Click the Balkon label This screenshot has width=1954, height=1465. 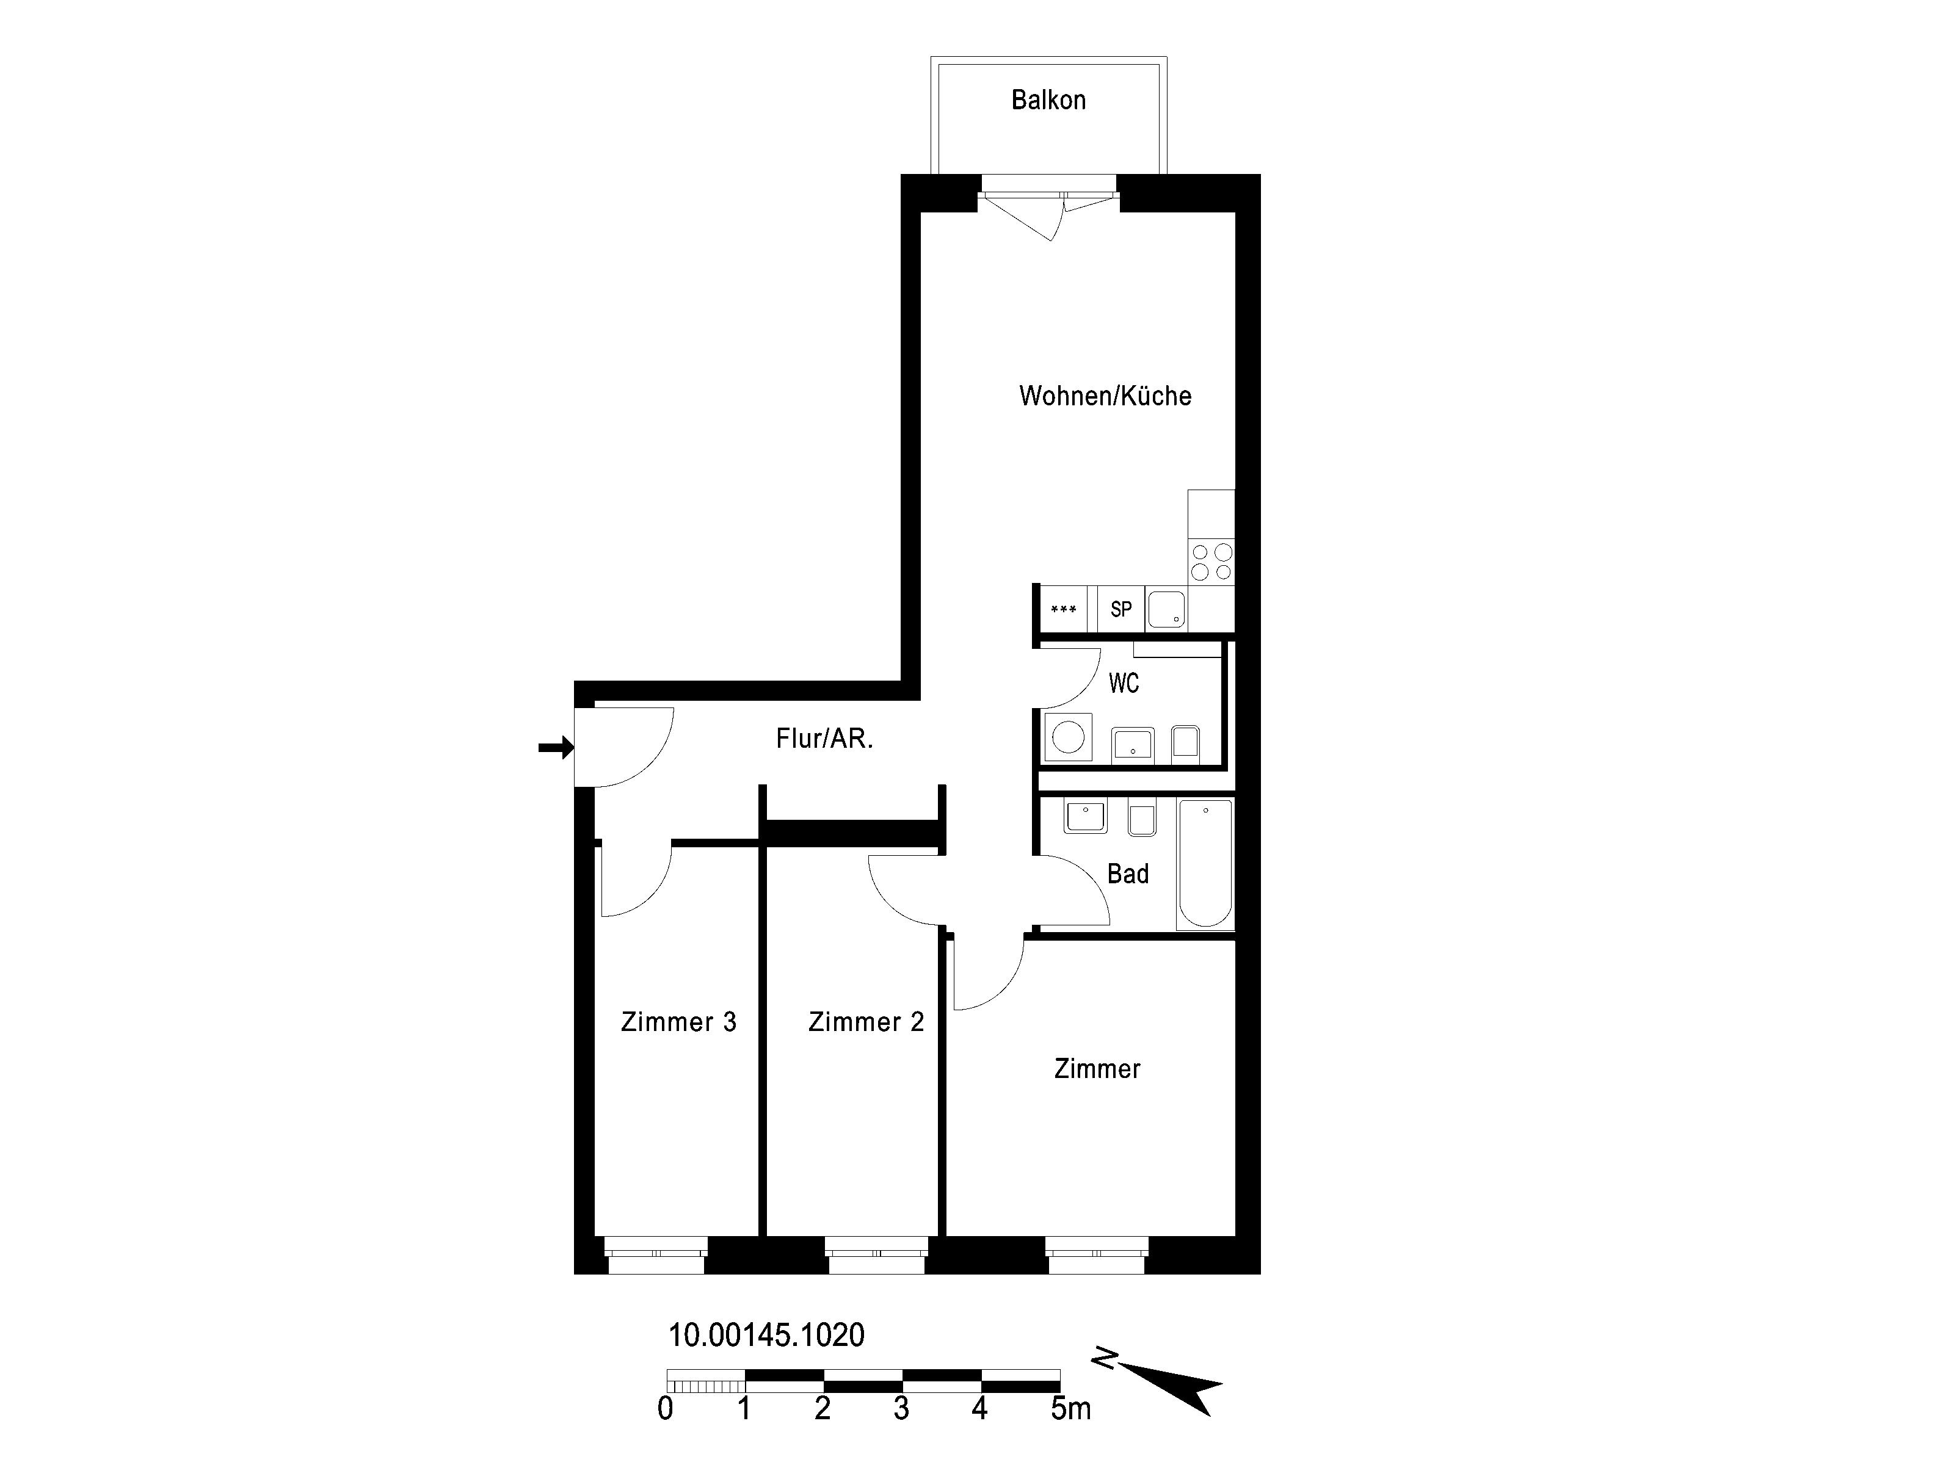point(1048,99)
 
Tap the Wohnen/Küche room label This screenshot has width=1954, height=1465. point(1105,396)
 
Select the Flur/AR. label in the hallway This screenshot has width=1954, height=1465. point(824,738)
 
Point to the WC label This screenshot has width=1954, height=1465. point(1124,682)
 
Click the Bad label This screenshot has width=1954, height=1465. point(1128,874)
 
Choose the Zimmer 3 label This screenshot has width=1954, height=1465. point(678,1022)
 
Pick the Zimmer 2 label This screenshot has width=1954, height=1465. point(866,1022)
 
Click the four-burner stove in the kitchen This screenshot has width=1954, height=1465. point(1211,562)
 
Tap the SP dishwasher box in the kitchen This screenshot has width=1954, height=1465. point(1121,609)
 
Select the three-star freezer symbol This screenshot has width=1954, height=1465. point(1064,609)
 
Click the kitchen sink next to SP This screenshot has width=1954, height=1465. point(1166,609)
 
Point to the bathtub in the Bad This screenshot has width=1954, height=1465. point(1205,864)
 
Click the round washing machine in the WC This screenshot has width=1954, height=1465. point(1068,737)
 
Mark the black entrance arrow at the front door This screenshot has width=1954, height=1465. point(556,748)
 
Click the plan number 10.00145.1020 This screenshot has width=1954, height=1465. point(766,1334)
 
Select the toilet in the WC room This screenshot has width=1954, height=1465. point(1185,743)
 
